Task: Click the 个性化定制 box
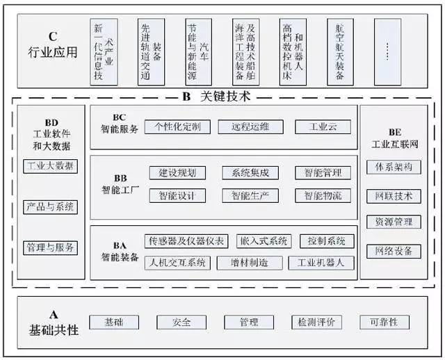click(x=177, y=126)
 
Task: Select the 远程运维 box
click(x=250, y=126)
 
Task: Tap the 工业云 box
click(x=323, y=126)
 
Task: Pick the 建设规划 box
click(x=177, y=173)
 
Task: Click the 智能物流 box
click(x=323, y=196)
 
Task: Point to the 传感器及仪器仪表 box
click(x=186, y=241)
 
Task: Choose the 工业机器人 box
click(x=321, y=263)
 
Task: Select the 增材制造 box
click(x=250, y=263)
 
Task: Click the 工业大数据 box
click(x=50, y=166)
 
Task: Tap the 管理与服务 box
click(x=50, y=247)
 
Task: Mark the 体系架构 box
click(x=394, y=167)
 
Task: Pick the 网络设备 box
click(x=394, y=251)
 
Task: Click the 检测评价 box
click(x=316, y=322)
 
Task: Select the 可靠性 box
click(x=385, y=322)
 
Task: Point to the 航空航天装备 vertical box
click(x=340, y=52)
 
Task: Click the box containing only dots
click(x=387, y=52)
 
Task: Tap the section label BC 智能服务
click(x=120, y=124)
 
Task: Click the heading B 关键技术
click(x=216, y=97)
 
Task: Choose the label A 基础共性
click(x=54, y=323)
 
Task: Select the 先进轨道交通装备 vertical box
click(x=151, y=52)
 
